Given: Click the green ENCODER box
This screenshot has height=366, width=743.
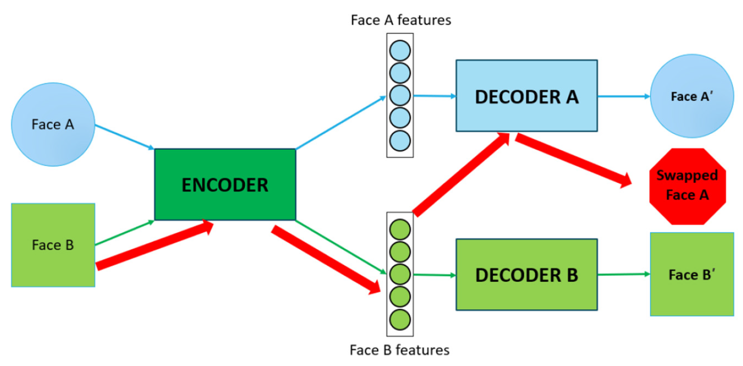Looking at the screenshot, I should [x=225, y=184].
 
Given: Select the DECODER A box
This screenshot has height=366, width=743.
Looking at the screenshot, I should [x=526, y=96].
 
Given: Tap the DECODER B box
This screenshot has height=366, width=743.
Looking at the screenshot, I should [x=526, y=274].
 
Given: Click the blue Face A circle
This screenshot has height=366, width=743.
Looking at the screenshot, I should [x=53, y=124].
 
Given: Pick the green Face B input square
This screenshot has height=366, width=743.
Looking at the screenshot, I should [x=53, y=245].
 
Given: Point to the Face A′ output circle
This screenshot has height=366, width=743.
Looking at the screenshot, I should [x=692, y=96].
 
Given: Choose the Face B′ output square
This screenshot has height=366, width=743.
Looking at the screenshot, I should [x=692, y=274].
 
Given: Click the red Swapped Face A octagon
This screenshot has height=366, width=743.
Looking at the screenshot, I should [x=688, y=186].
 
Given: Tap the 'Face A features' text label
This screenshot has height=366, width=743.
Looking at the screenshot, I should [x=401, y=20].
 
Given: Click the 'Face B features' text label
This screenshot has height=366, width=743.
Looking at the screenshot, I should [x=399, y=350].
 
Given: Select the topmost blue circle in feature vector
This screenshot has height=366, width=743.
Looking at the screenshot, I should [x=400, y=51].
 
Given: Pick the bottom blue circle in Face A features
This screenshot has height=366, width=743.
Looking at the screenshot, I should [x=400, y=140].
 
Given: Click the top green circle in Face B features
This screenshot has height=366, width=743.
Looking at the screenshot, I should [x=400, y=229].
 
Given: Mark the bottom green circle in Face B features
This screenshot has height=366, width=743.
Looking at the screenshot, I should [x=400, y=319].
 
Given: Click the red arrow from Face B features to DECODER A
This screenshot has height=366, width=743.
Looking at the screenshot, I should [x=461, y=175].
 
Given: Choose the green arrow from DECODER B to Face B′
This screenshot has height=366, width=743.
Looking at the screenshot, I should [x=623, y=274].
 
